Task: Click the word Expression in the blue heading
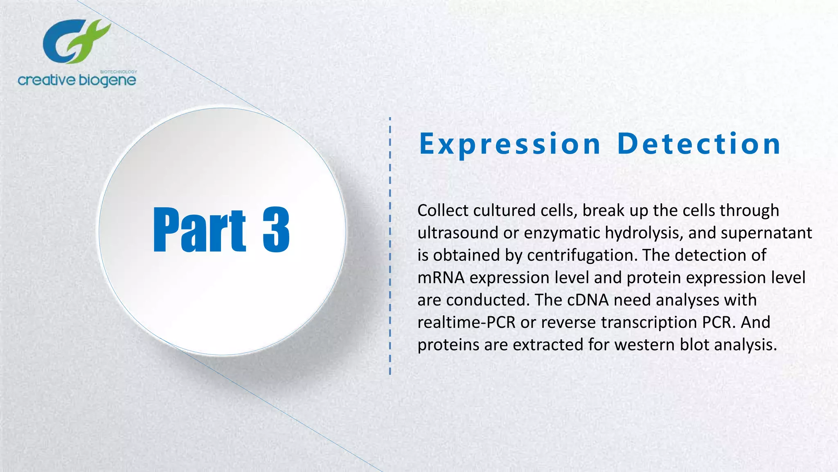point(510,144)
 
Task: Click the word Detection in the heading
point(699,144)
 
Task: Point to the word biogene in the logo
point(107,80)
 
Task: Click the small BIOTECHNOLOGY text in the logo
point(118,72)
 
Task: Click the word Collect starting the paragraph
point(443,211)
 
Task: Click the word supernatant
point(766,233)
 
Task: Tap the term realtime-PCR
point(466,322)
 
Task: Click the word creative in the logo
point(46,80)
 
